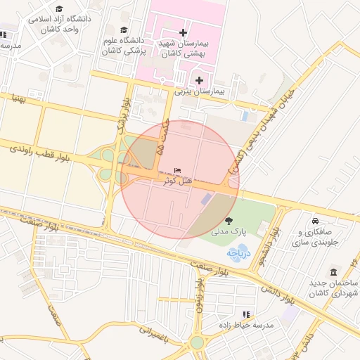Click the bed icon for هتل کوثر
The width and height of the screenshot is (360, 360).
point(177,171)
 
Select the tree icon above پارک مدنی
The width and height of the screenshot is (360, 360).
point(229,221)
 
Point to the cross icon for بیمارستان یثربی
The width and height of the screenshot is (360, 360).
point(200,80)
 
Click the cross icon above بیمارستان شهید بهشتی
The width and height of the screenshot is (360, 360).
point(184,32)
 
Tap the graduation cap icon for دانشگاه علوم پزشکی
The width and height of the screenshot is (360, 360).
point(124,30)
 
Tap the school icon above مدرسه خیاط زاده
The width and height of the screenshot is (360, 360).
point(245,314)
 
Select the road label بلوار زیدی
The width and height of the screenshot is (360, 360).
point(200,302)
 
